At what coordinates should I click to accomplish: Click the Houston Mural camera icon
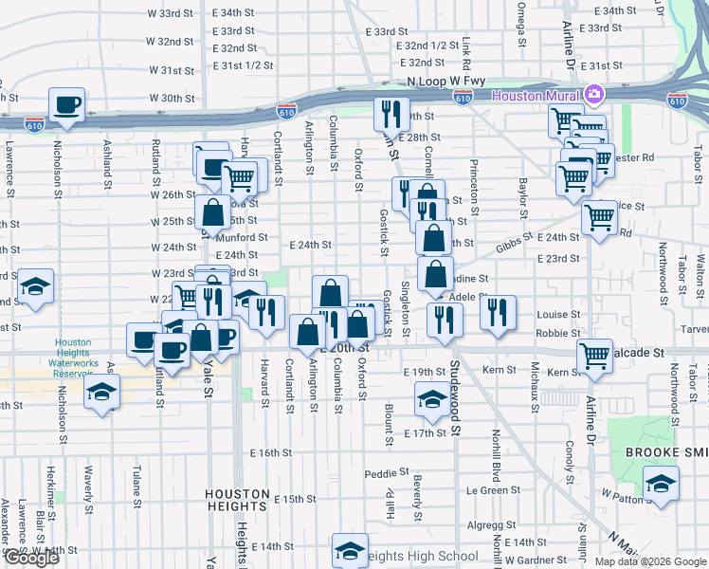click(594, 95)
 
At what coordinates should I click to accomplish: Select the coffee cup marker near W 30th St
click(67, 104)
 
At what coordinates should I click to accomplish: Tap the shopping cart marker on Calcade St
click(594, 356)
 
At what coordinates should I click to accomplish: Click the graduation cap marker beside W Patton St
click(661, 483)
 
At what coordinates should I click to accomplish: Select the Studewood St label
click(455, 398)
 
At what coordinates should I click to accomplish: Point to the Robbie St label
click(557, 334)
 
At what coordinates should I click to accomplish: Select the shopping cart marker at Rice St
click(599, 218)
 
